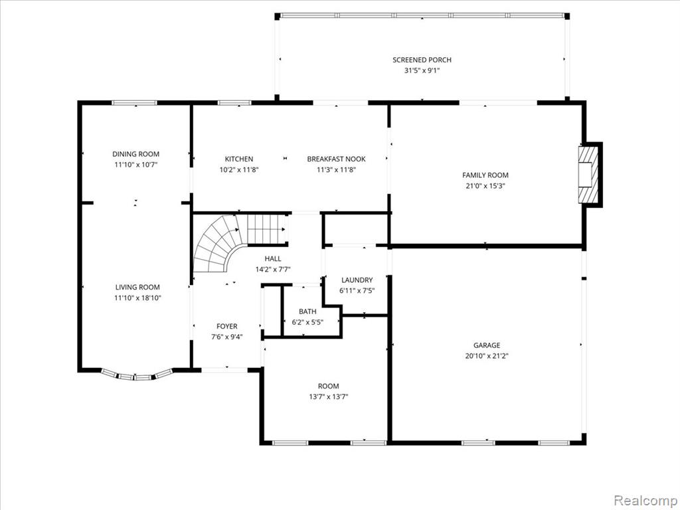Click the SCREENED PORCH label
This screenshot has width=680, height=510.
point(422,60)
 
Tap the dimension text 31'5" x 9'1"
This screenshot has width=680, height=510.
point(422,70)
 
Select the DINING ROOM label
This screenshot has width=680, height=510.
point(135,154)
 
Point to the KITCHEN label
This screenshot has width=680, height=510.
point(239,159)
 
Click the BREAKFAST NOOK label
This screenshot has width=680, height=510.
point(336,159)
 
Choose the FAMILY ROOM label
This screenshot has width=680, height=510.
point(485,175)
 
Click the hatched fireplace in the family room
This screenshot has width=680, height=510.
point(588,175)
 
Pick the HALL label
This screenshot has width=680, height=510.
point(273,258)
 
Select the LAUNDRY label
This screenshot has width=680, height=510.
point(357,280)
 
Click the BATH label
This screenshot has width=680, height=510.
point(307,311)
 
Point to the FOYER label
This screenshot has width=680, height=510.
point(227,326)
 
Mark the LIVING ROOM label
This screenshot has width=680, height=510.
point(137,287)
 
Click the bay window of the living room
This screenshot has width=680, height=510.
point(137,376)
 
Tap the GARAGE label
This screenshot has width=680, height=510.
point(487,345)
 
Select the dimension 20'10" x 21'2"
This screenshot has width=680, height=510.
point(487,356)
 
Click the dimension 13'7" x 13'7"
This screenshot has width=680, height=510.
point(328,396)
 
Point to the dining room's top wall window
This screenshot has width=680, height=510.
point(134,103)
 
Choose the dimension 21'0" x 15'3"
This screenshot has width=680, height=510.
point(485,186)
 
